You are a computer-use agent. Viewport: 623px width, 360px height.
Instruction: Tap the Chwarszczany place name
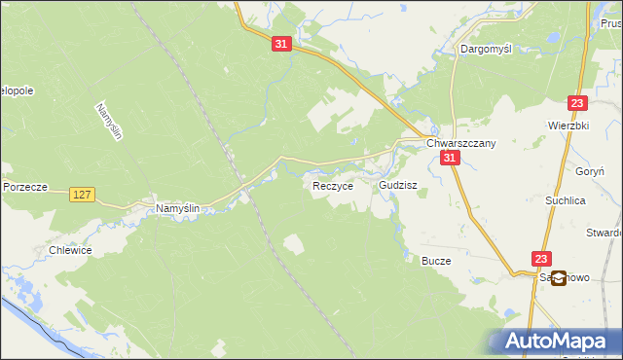[x=461, y=143]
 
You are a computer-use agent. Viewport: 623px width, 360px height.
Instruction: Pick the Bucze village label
[x=435, y=261]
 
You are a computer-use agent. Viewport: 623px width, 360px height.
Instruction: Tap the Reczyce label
[x=332, y=185]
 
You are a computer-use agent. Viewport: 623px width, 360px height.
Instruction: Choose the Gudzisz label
[x=398, y=184]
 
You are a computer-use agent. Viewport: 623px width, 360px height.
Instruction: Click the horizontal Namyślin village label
[x=178, y=209]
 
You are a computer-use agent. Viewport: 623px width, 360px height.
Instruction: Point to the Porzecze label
[x=24, y=187]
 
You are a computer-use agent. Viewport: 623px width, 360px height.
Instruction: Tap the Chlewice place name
[x=70, y=250]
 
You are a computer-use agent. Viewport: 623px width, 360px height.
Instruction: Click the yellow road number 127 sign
[x=82, y=196]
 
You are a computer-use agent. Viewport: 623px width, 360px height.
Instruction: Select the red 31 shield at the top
[x=282, y=45]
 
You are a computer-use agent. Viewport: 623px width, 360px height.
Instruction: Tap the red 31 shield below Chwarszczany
[x=449, y=159]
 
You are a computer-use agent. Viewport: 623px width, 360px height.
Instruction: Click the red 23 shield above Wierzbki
[x=578, y=104]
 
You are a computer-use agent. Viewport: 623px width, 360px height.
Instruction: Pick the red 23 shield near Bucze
[x=541, y=258]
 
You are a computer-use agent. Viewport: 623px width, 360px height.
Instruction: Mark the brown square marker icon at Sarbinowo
[x=559, y=277]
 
